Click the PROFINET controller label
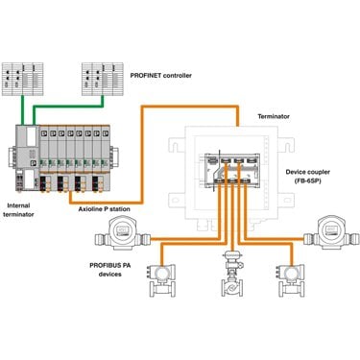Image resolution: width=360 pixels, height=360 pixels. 161,76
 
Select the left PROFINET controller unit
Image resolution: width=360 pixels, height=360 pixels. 23,79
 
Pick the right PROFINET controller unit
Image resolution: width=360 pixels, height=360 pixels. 103,79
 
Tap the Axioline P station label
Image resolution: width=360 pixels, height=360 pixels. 105,209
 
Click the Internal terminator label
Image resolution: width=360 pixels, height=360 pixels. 18,210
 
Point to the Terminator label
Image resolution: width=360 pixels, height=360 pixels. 274,116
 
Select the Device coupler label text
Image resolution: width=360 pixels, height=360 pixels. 308,172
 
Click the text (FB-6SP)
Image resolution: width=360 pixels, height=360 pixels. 307,180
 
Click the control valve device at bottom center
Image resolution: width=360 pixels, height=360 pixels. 232,274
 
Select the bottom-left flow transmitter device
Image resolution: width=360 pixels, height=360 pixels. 160,280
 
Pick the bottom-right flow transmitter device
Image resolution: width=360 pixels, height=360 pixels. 291,280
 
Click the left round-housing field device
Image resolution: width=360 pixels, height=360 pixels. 123,233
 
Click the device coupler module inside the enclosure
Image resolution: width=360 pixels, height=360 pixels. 232,170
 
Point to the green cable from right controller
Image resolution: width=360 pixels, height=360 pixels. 68,107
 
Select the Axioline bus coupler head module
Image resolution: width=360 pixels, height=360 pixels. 27,157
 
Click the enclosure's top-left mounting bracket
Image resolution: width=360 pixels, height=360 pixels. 177,145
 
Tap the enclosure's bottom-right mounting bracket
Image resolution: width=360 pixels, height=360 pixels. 286,201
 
